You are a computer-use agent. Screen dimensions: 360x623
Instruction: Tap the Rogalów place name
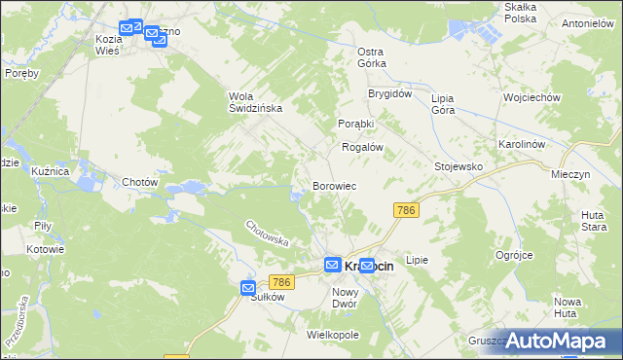[360, 147]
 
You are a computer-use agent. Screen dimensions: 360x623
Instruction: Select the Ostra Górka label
[371, 57]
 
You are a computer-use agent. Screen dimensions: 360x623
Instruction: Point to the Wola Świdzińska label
[255, 102]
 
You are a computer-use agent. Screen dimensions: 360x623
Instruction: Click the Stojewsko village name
[458, 166]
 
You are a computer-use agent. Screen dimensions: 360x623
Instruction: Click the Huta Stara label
[594, 220]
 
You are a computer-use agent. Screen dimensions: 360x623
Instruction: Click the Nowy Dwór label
[346, 298]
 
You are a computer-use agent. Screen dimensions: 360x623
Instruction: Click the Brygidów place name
[390, 94]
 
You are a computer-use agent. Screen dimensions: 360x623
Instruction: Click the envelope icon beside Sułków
[248, 288]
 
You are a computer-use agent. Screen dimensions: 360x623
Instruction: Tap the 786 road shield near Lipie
[406, 210]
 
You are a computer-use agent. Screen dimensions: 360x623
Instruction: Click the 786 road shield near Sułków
[280, 282]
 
